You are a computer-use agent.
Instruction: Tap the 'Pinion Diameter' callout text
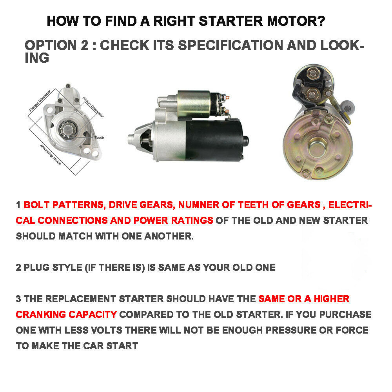[x=93, y=107]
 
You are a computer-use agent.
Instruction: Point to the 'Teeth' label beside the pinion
[x=99, y=138]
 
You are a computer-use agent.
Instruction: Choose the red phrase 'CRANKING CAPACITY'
[x=66, y=314]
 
